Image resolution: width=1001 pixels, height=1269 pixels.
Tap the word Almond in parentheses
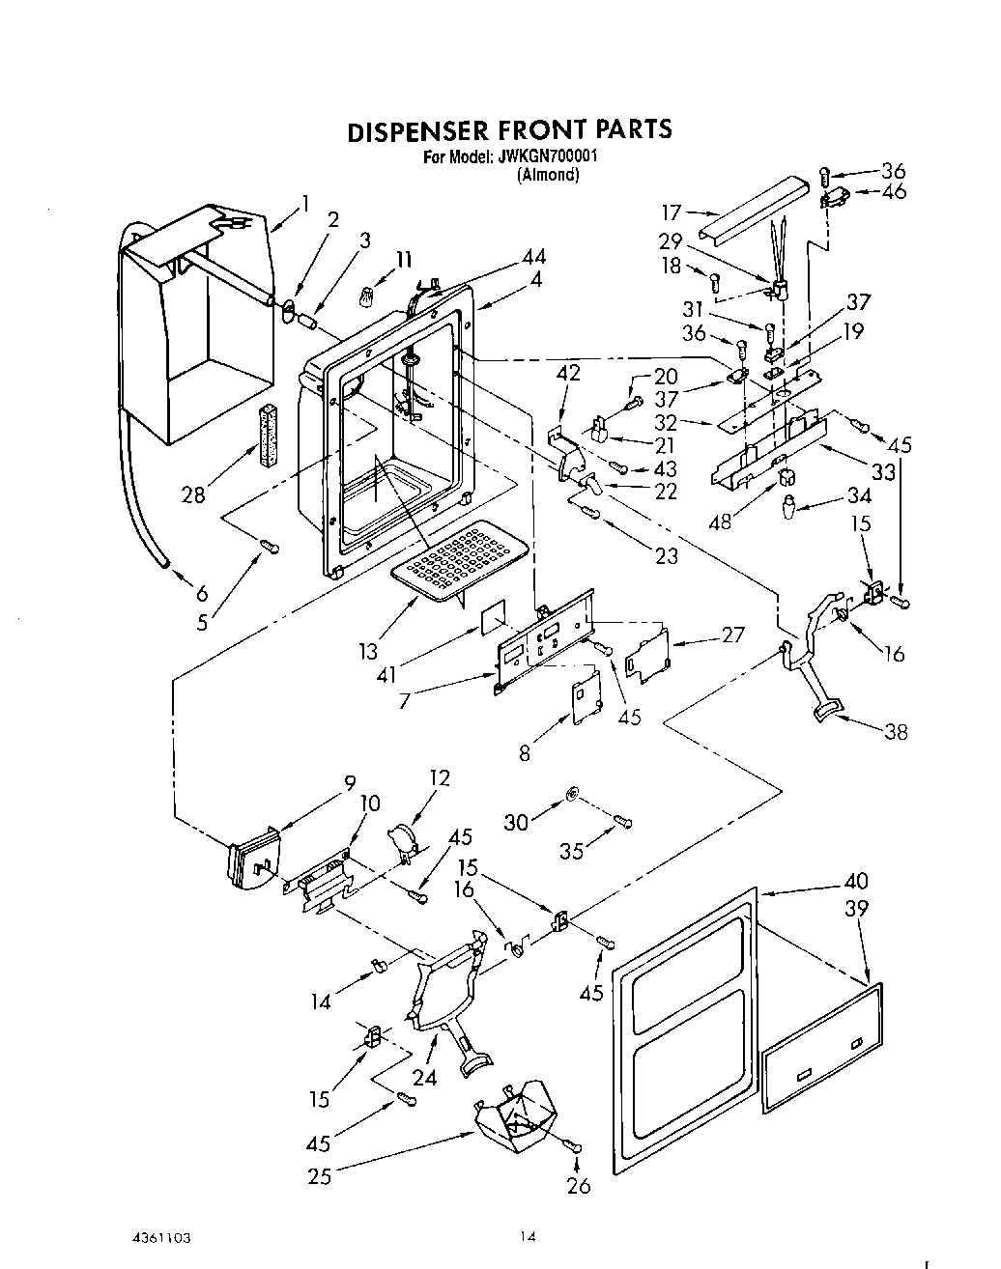[548, 175]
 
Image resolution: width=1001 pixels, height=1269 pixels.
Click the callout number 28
[193, 494]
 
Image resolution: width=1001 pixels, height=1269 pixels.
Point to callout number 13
[368, 652]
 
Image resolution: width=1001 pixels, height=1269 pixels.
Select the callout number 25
[319, 1175]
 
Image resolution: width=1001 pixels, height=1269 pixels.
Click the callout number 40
[855, 881]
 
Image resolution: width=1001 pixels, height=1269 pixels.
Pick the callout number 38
[896, 732]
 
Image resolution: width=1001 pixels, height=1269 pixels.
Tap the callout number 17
[672, 212]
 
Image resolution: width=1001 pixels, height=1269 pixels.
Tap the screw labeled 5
[270, 549]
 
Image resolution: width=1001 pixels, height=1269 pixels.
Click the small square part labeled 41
[492, 615]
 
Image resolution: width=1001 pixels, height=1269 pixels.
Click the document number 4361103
[175, 1236]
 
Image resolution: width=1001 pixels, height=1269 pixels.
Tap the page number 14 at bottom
[527, 1236]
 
